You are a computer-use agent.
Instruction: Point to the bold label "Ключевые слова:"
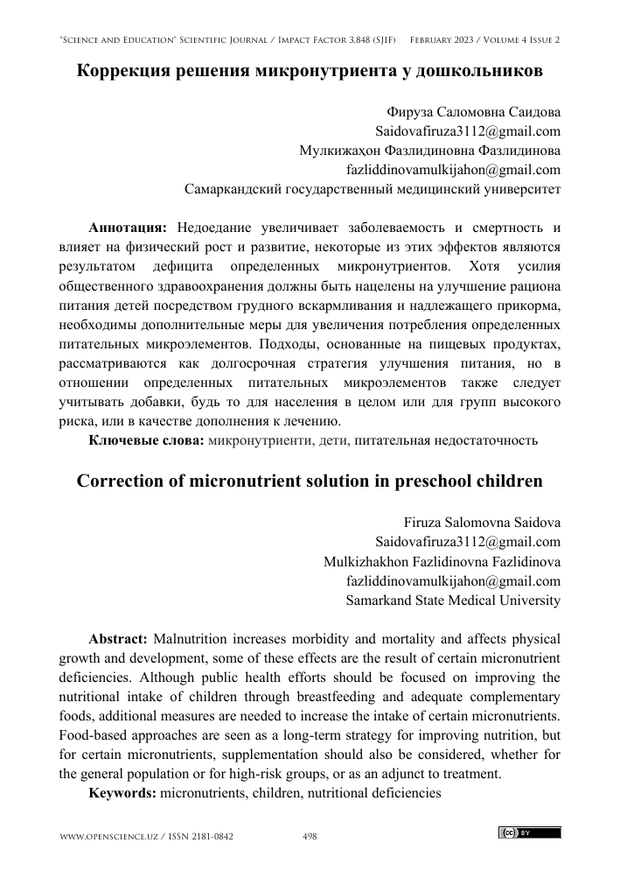147,439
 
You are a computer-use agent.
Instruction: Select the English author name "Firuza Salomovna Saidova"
482,523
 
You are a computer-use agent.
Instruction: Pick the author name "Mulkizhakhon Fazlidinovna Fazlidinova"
442,562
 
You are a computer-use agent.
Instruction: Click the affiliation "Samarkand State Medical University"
453,601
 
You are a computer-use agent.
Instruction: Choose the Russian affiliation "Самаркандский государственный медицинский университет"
374,188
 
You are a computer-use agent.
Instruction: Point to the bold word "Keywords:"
123,792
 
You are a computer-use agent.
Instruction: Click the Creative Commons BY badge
530,832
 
